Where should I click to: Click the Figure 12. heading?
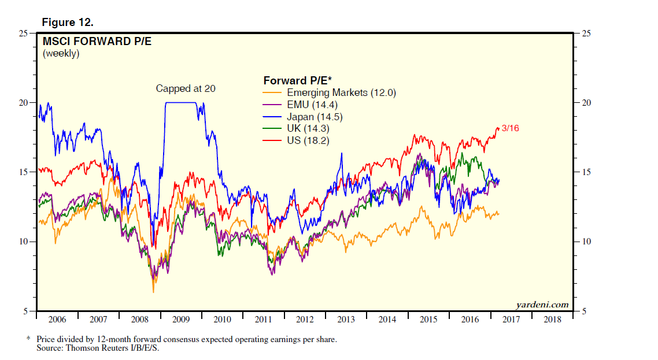pyautogui.click(x=68, y=23)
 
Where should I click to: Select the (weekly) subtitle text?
pyautogui.click(x=61, y=53)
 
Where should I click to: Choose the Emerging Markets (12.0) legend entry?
pyautogui.click(x=341, y=92)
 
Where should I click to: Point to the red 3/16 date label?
pyautogui.click(x=510, y=128)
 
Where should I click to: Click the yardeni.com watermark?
pyautogui.click(x=542, y=305)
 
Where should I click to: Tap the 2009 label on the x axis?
pyautogui.click(x=181, y=319)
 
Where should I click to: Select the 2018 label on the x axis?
pyautogui.click(x=552, y=319)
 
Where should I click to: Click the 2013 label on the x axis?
pyautogui.click(x=346, y=319)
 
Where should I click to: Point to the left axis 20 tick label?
pyautogui.click(x=23, y=103)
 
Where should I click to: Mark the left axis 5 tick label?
pyautogui.click(x=25, y=311)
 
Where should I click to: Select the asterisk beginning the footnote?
pyautogui.click(x=28, y=339)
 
